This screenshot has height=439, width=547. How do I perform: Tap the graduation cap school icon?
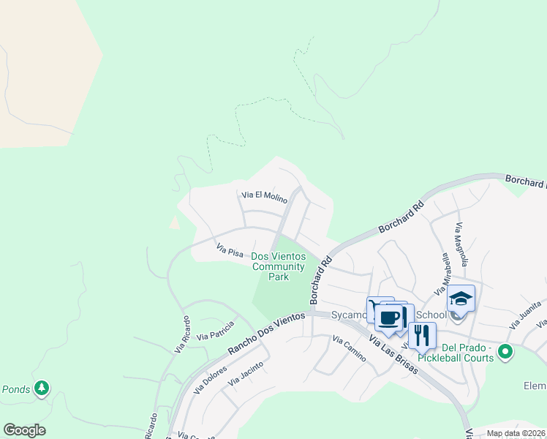click(461, 299)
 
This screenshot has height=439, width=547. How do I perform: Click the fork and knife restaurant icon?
click(422, 336)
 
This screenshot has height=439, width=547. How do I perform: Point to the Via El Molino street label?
click(264, 195)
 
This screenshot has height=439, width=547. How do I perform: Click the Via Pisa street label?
click(230, 252)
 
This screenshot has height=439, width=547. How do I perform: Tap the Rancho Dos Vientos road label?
click(265, 333)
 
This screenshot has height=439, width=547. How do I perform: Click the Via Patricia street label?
click(215, 331)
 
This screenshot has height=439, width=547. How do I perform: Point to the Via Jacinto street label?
click(245, 378)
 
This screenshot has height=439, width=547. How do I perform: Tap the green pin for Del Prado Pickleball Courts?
click(505, 354)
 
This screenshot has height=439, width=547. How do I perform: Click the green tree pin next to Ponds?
click(42, 388)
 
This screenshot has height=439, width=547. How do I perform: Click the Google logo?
click(24, 430)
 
